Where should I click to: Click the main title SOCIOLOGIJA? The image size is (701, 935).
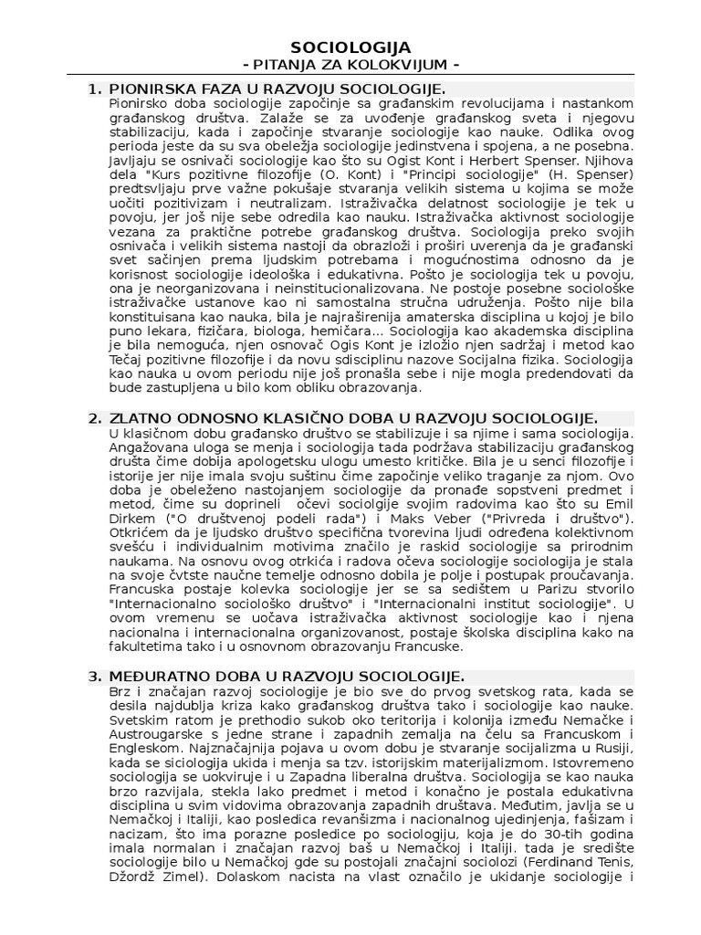[350, 47]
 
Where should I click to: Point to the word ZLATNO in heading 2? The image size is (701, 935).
[137, 418]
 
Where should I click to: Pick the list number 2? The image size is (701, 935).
[94, 418]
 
